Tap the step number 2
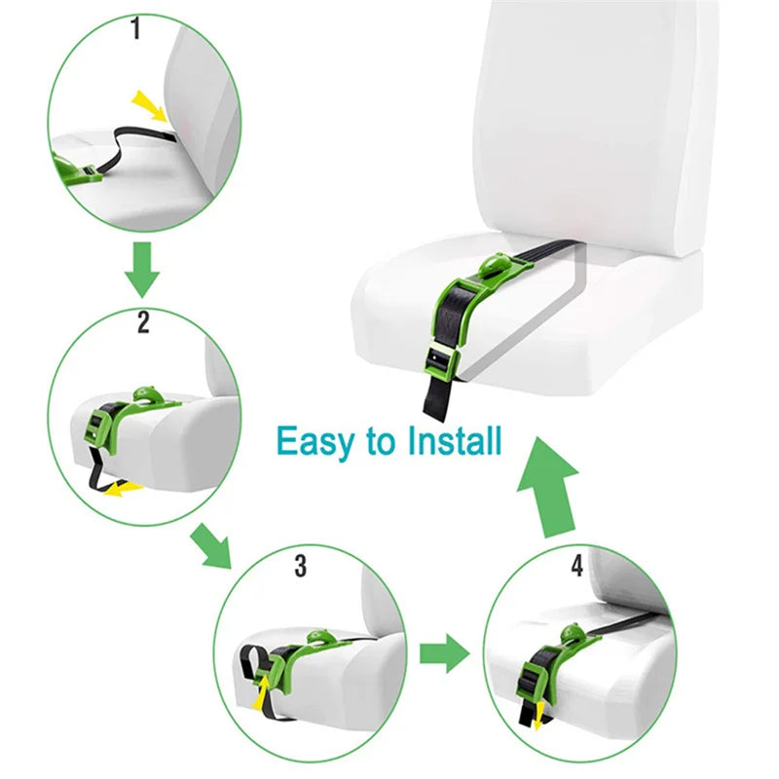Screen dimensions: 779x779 click(x=143, y=322)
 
